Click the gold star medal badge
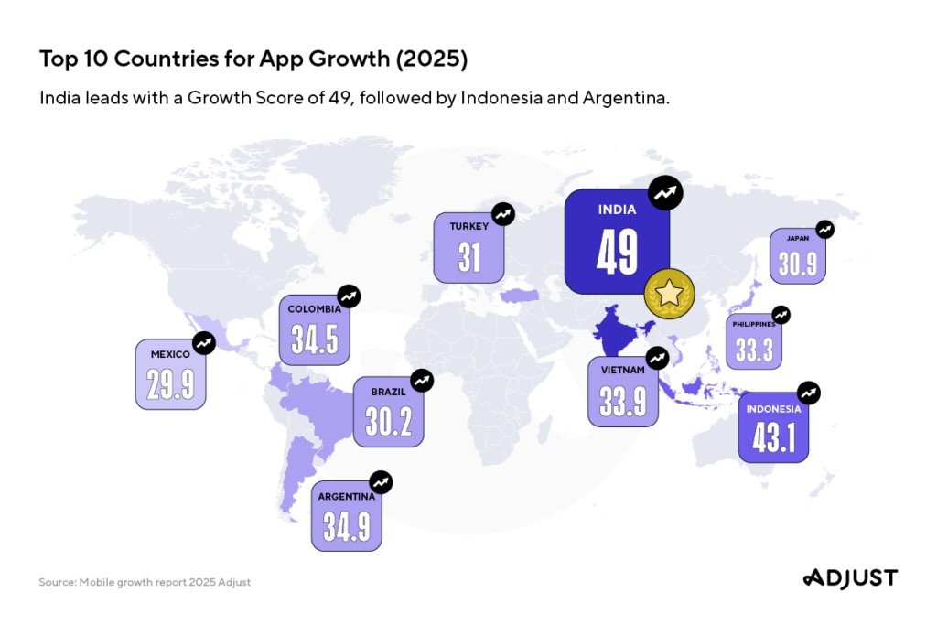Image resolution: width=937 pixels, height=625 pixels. [x=670, y=295]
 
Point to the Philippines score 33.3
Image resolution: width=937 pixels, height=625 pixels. [x=754, y=350]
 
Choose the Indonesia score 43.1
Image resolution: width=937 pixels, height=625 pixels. [x=773, y=437]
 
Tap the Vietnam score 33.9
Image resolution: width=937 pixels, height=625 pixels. [x=623, y=401]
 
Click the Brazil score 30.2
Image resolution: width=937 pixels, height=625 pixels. [x=388, y=421]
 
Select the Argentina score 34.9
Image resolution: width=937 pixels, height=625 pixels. [x=346, y=526]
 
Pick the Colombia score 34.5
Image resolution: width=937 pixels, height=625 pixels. [x=315, y=339]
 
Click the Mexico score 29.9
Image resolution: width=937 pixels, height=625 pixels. [x=171, y=383]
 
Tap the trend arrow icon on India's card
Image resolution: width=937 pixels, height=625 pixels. [x=665, y=193]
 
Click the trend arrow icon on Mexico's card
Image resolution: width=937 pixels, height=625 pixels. [x=204, y=343]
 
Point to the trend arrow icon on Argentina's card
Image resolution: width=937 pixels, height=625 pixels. [x=381, y=481]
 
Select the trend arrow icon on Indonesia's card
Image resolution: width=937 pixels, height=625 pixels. [x=808, y=393]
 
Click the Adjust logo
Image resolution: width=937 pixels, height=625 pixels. [x=850, y=577]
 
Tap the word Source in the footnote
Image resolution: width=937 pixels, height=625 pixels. [x=57, y=582]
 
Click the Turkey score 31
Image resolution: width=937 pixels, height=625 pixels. [x=468, y=256]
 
